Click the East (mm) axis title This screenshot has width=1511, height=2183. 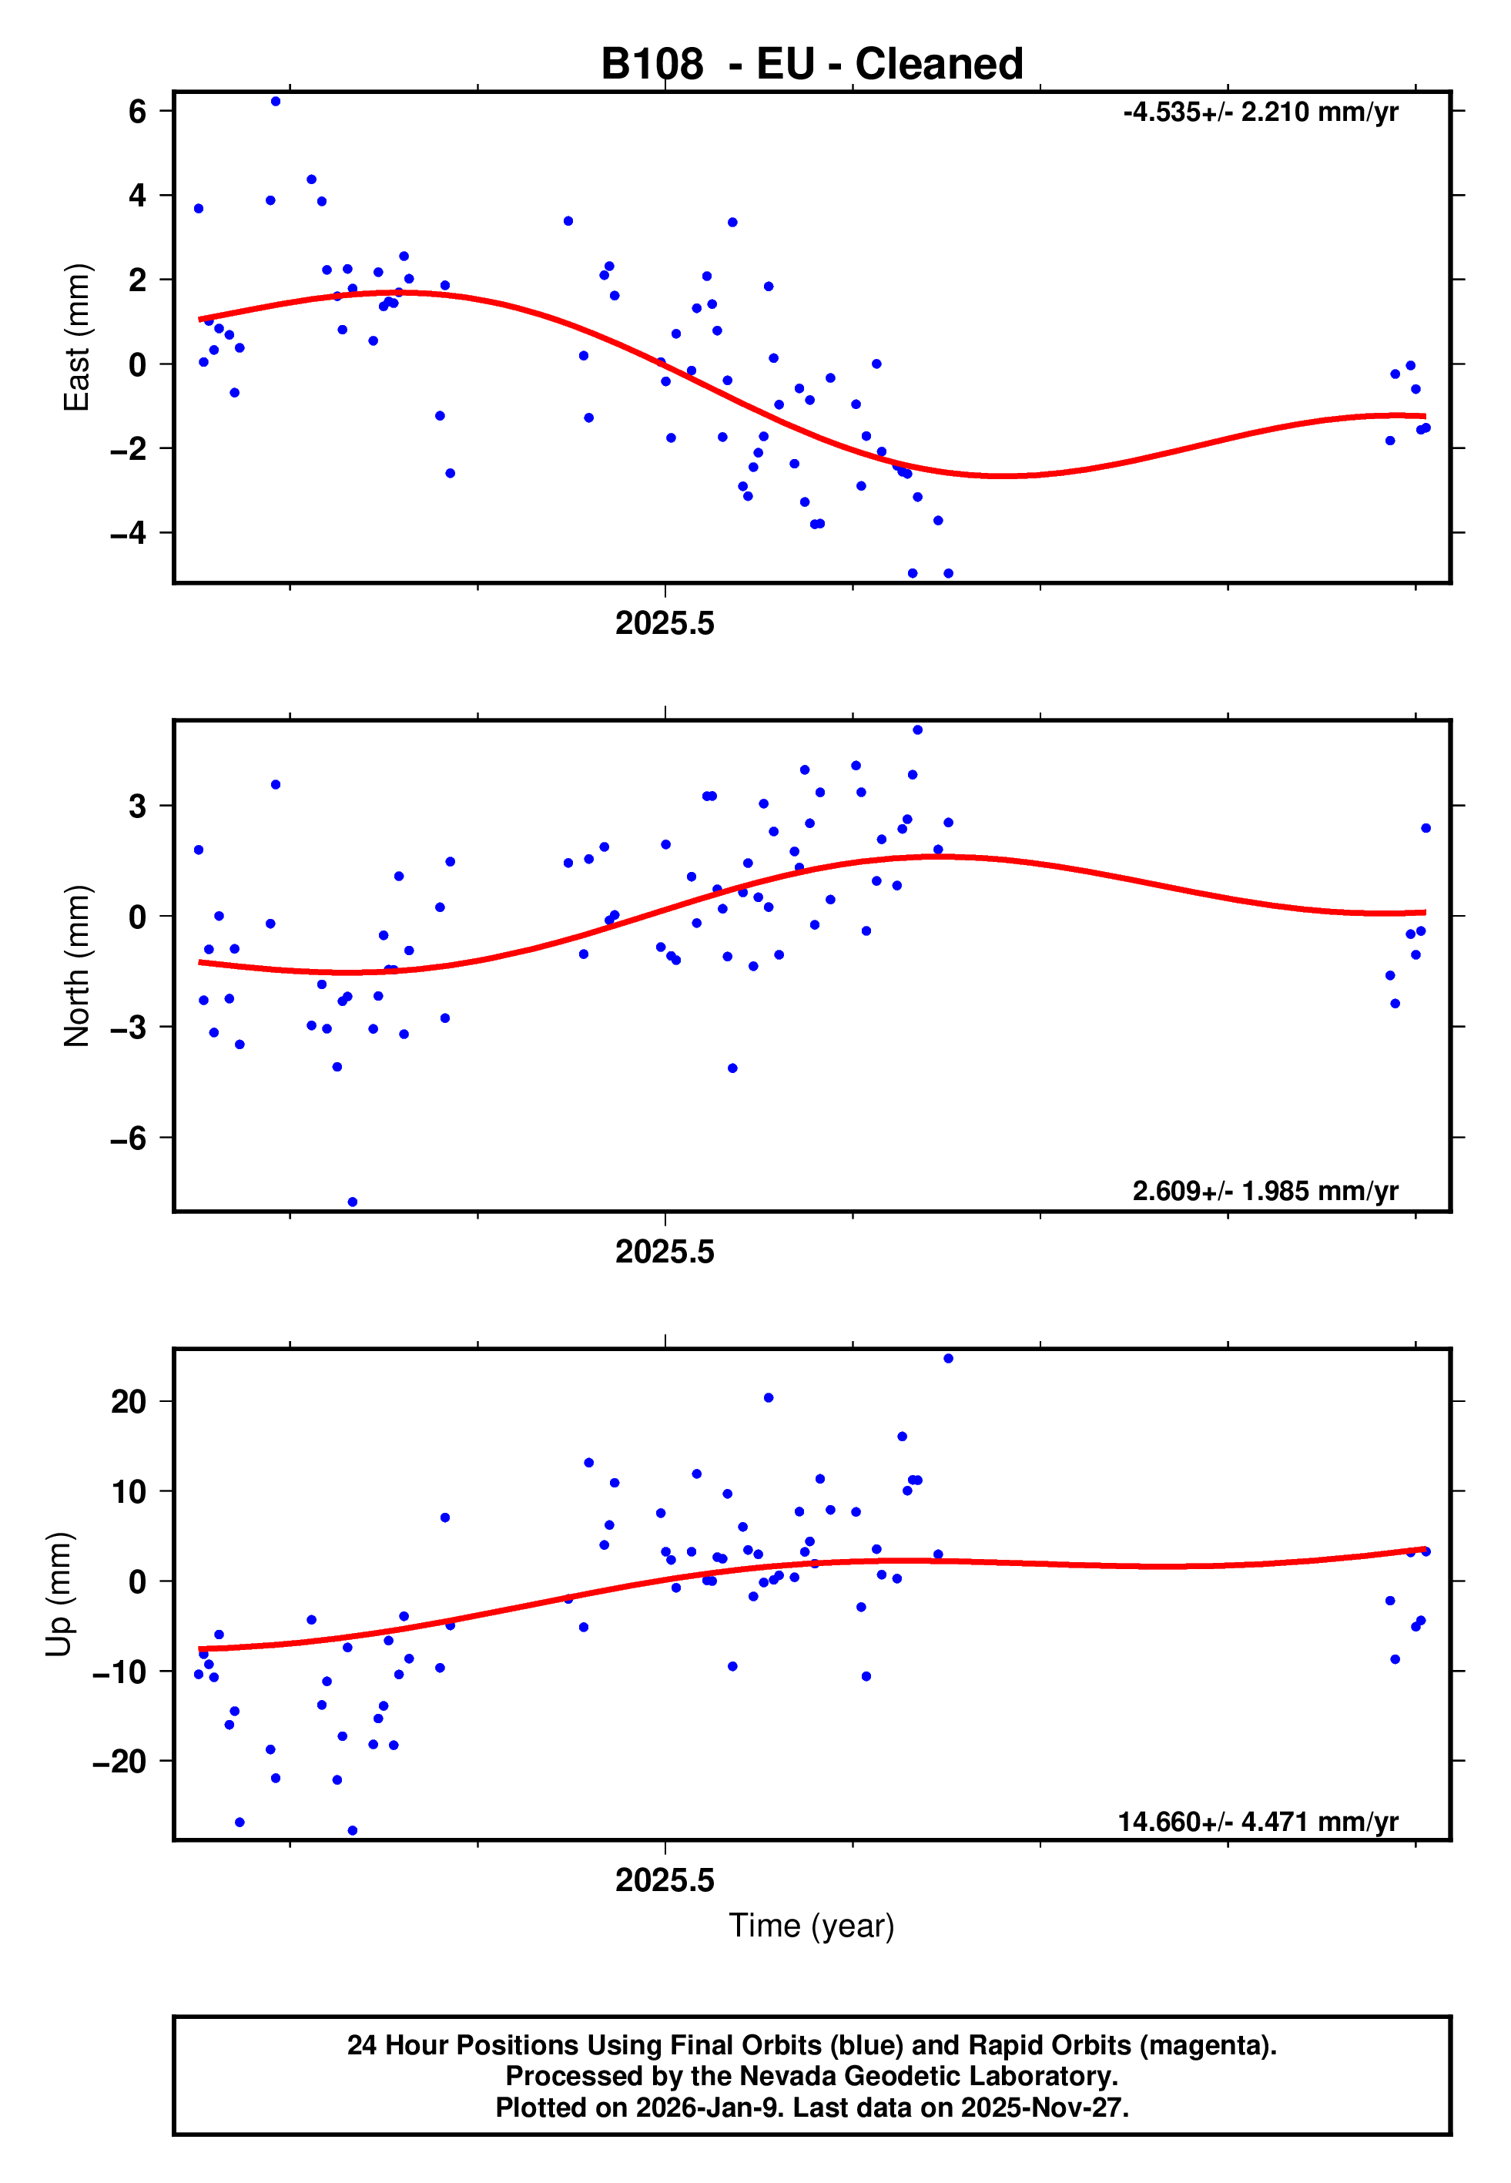77,337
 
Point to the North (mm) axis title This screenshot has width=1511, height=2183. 77,966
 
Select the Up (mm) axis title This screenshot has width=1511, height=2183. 59,1594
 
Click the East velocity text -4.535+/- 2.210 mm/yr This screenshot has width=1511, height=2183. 1260,112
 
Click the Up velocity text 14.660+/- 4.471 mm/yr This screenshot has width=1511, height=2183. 1258,1822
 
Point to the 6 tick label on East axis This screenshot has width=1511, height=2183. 137,112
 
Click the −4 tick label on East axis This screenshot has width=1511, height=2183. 129,533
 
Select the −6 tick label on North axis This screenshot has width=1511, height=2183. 129,1138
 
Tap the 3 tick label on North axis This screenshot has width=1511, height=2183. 137,806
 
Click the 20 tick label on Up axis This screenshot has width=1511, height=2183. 129,1401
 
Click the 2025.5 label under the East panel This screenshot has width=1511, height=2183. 665,624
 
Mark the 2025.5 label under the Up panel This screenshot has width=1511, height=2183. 665,1880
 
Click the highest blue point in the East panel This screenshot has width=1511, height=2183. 276,101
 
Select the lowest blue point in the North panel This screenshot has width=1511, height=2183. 352,1202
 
